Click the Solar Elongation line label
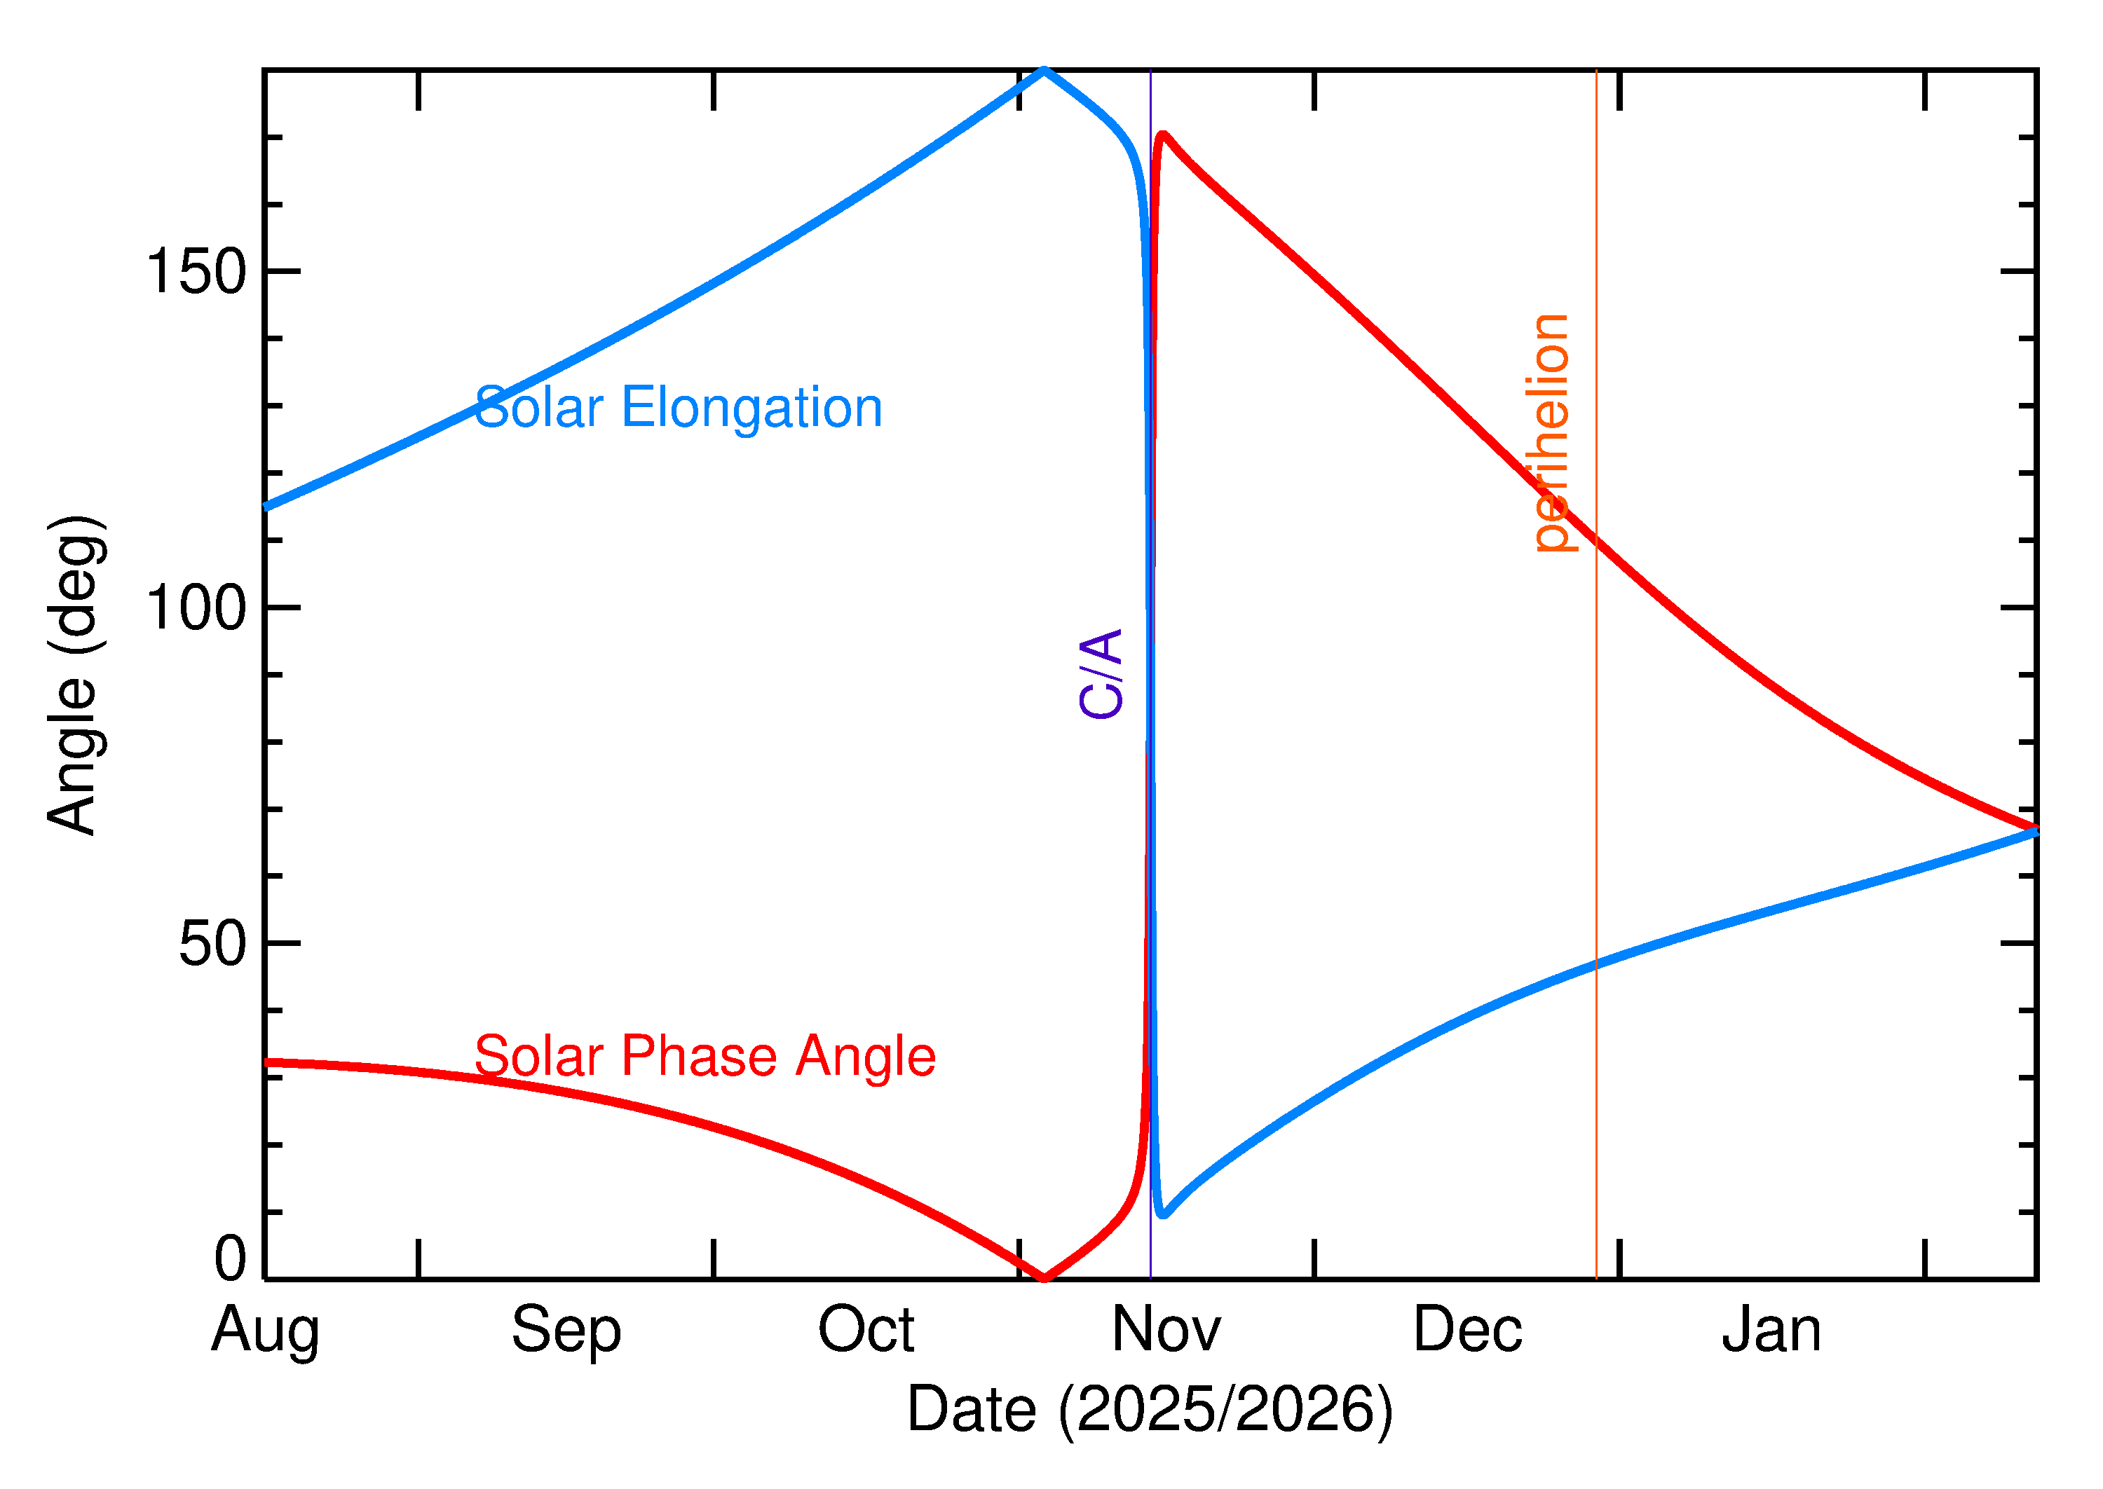point(678,408)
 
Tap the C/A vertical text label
point(1101,674)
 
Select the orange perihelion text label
point(1551,433)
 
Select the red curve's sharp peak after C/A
point(1162,136)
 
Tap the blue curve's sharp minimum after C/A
point(1162,1215)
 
